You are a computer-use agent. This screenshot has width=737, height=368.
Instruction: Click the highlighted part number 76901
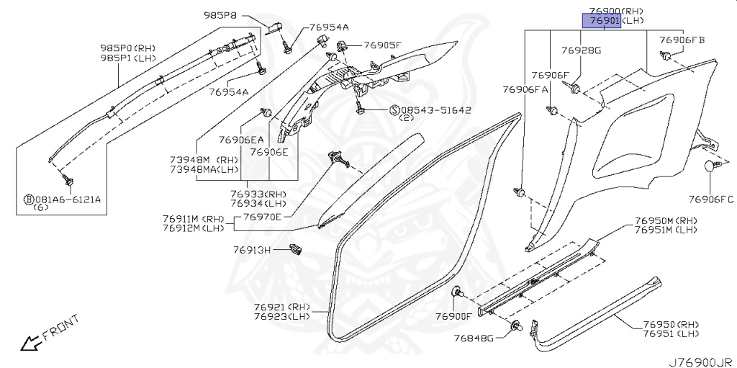coord(600,22)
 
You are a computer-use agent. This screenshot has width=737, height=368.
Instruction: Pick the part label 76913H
coord(251,250)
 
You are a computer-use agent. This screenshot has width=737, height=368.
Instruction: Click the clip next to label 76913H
coord(294,250)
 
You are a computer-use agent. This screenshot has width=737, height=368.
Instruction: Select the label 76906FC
coord(711,199)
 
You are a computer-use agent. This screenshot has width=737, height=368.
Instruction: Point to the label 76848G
coord(474,338)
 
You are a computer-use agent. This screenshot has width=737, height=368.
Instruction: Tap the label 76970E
coord(262,216)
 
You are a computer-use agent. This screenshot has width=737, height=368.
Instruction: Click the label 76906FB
coord(682,40)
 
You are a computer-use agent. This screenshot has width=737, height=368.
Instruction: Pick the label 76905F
coord(382,45)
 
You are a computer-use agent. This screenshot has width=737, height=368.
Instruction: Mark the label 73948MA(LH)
coord(203,170)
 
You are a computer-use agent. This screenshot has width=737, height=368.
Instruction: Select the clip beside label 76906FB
coord(666,56)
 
